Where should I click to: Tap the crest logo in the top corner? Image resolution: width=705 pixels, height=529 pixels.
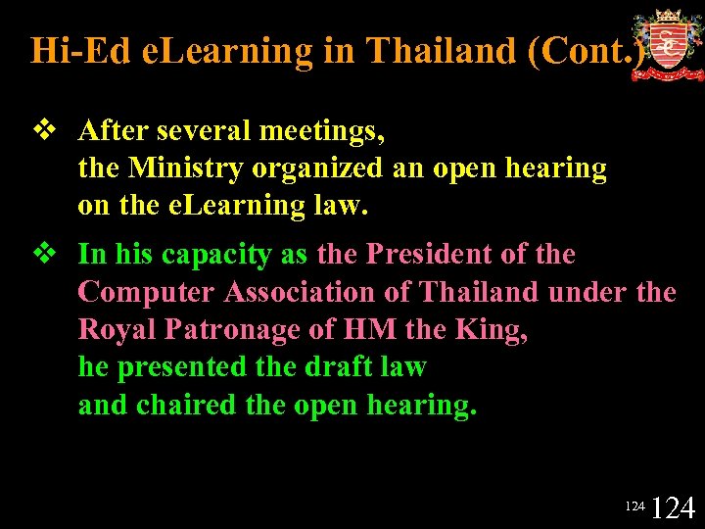click(x=667, y=46)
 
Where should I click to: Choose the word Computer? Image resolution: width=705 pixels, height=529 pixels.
click(x=146, y=292)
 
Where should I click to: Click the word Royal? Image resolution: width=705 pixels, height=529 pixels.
click(x=117, y=329)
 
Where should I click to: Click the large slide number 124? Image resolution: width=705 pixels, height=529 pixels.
click(x=673, y=507)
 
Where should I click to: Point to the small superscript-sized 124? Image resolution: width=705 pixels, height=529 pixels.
click(x=634, y=505)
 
